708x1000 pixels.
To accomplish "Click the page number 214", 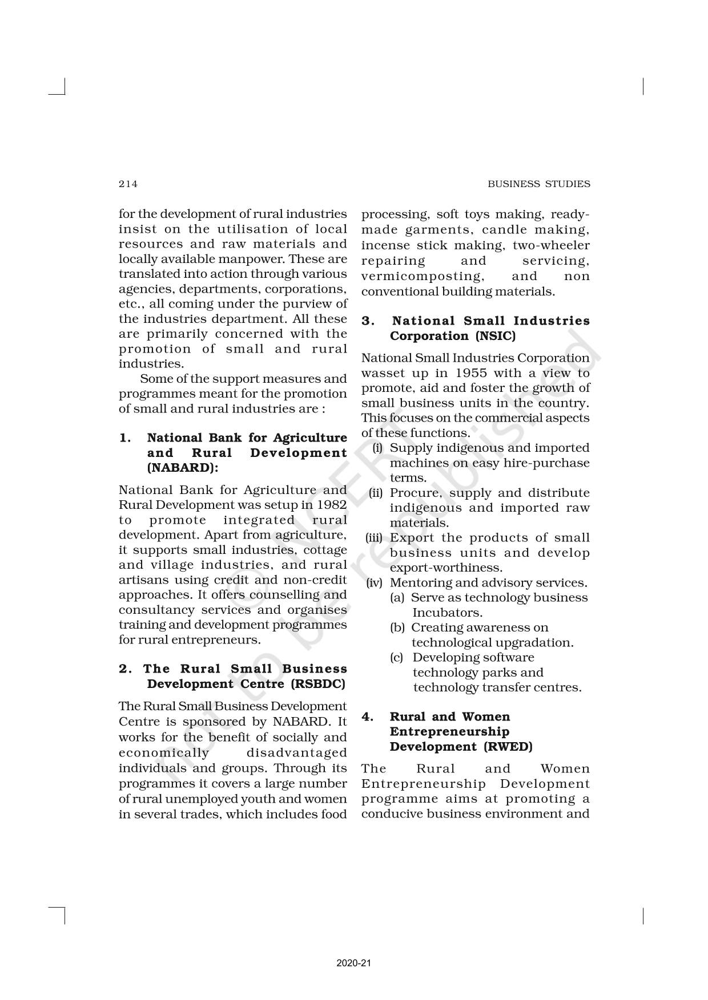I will point(128,184).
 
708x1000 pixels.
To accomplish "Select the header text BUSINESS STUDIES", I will point(538,184).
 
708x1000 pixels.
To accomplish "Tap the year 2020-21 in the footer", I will point(354,948).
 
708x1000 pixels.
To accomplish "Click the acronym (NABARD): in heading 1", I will point(183,468).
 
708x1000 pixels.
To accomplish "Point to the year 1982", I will point(332,505).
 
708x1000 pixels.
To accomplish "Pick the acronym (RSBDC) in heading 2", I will point(317,684).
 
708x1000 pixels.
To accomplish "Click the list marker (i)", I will point(377,448).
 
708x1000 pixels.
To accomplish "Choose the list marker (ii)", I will point(376,493).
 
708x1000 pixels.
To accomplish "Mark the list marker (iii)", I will point(374,538).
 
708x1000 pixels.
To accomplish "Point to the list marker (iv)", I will point(374,583).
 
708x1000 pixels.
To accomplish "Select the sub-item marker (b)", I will point(397,627).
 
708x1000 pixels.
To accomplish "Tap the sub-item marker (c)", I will point(397,658).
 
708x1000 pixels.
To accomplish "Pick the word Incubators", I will point(447,613).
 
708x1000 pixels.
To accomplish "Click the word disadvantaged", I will point(296,752).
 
